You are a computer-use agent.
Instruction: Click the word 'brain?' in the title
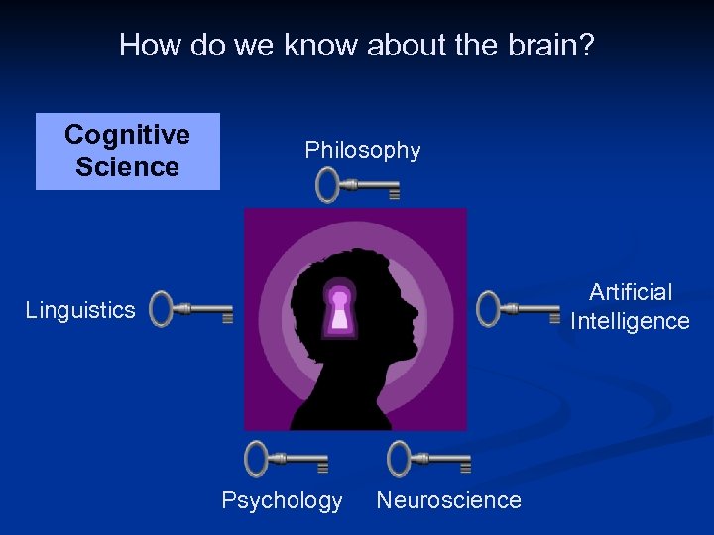click(x=551, y=45)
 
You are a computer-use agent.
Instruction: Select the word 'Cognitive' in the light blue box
click(x=127, y=135)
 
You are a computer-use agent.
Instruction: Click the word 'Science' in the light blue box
click(x=127, y=166)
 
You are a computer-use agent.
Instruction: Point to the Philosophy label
click(x=363, y=150)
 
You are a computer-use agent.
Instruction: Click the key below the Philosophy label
click(x=357, y=185)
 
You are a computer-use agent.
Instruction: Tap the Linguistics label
click(x=80, y=310)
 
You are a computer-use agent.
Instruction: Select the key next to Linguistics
click(x=191, y=309)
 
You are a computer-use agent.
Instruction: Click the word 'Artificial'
click(x=631, y=292)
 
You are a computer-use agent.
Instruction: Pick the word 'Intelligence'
click(x=631, y=321)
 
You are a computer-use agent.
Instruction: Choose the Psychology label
click(x=282, y=500)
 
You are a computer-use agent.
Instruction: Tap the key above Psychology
click(x=287, y=459)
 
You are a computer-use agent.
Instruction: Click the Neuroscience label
click(x=448, y=500)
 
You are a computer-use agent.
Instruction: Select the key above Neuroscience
click(x=428, y=459)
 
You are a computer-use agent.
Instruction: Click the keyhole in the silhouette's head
click(x=340, y=308)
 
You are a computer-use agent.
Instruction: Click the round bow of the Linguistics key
click(x=163, y=309)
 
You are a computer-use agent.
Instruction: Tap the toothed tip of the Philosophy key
click(x=394, y=193)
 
